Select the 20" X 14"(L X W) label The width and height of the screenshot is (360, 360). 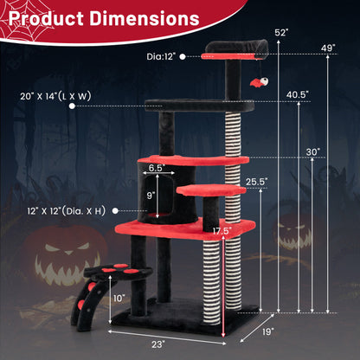point(37,97)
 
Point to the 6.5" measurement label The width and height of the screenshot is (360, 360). point(156,169)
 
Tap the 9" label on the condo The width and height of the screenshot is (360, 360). point(150,196)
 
